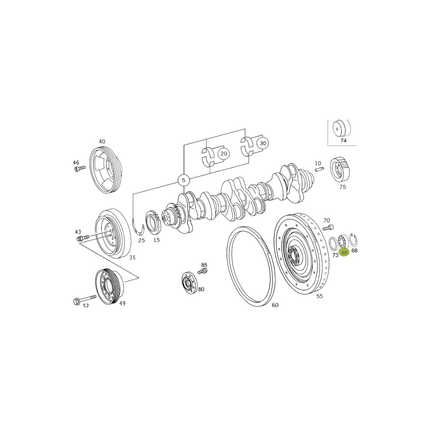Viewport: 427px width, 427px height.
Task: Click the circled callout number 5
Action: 184,180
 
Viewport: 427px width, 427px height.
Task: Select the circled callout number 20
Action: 223,154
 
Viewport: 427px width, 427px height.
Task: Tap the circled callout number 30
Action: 263,143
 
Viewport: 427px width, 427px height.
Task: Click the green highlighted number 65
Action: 345,253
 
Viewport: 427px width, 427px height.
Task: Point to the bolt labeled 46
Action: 80,169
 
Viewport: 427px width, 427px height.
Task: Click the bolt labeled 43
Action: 83,238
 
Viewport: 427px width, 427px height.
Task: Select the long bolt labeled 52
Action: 85,299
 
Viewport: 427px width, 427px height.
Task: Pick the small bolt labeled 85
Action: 202,271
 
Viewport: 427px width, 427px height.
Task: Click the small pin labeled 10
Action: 319,170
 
